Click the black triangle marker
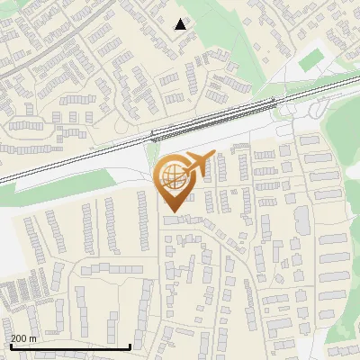coord(181,24)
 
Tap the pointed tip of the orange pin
coord(172,211)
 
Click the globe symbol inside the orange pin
coord(172,177)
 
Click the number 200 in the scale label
coord(20,338)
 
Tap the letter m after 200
coord(33,338)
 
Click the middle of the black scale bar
coord(70,346)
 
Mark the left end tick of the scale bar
coord(10,346)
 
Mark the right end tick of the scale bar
coord(130,346)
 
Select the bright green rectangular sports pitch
coord(311,60)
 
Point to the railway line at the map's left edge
coord(5,178)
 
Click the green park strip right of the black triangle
coord(225,45)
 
